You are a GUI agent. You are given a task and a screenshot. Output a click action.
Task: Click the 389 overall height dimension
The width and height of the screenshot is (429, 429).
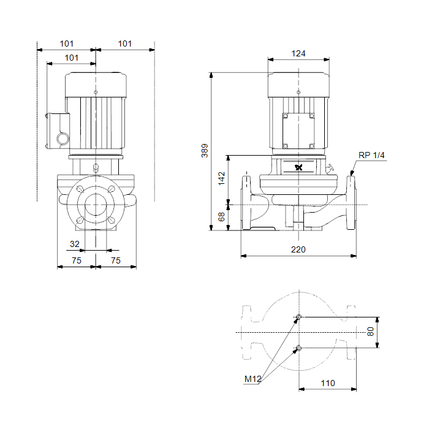[x=205, y=151]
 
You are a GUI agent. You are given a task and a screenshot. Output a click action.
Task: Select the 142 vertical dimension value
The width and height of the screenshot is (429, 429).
[x=222, y=178]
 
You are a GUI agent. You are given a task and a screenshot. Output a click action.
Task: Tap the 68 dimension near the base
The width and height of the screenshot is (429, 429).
[x=221, y=217]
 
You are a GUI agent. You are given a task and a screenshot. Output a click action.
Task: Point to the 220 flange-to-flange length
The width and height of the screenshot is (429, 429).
[x=298, y=249]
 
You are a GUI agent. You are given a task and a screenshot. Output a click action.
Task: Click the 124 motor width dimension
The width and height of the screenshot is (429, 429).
[x=298, y=53]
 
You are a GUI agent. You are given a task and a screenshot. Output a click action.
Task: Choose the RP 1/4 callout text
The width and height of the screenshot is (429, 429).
[x=371, y=155]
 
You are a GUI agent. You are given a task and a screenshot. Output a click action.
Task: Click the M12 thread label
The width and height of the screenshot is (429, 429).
[x=252, y=379]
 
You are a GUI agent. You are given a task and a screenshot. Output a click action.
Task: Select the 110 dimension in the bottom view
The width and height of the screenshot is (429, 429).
[x=328, y=383]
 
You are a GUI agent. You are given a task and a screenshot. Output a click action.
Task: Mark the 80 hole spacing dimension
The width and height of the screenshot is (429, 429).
[x=370, y=332]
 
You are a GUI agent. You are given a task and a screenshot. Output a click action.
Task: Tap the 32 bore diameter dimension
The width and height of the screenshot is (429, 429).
[x=75, y=244]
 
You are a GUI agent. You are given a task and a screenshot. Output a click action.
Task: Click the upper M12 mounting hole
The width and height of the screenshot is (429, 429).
[x=299, y=317]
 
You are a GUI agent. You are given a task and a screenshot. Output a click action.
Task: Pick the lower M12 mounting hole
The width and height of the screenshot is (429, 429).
[x=299, y=348]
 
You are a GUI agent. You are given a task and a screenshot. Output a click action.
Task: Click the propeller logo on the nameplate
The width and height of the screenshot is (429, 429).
[x=299, y=167]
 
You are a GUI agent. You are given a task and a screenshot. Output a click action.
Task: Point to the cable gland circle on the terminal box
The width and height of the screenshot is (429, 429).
[x=63, y=139]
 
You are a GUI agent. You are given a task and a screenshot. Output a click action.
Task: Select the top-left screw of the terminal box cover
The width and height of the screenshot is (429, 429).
[x=286, y=116]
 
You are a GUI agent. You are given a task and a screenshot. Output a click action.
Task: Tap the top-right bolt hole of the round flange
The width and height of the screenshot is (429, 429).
[x=112, y=189]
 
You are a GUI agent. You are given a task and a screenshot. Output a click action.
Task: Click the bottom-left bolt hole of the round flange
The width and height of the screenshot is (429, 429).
[x=80, y=220]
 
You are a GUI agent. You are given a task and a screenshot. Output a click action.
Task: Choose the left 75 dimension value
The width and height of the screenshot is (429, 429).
[x=77, y=260]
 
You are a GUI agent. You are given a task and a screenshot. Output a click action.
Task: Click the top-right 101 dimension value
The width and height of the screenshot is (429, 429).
[x=125, y=44]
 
